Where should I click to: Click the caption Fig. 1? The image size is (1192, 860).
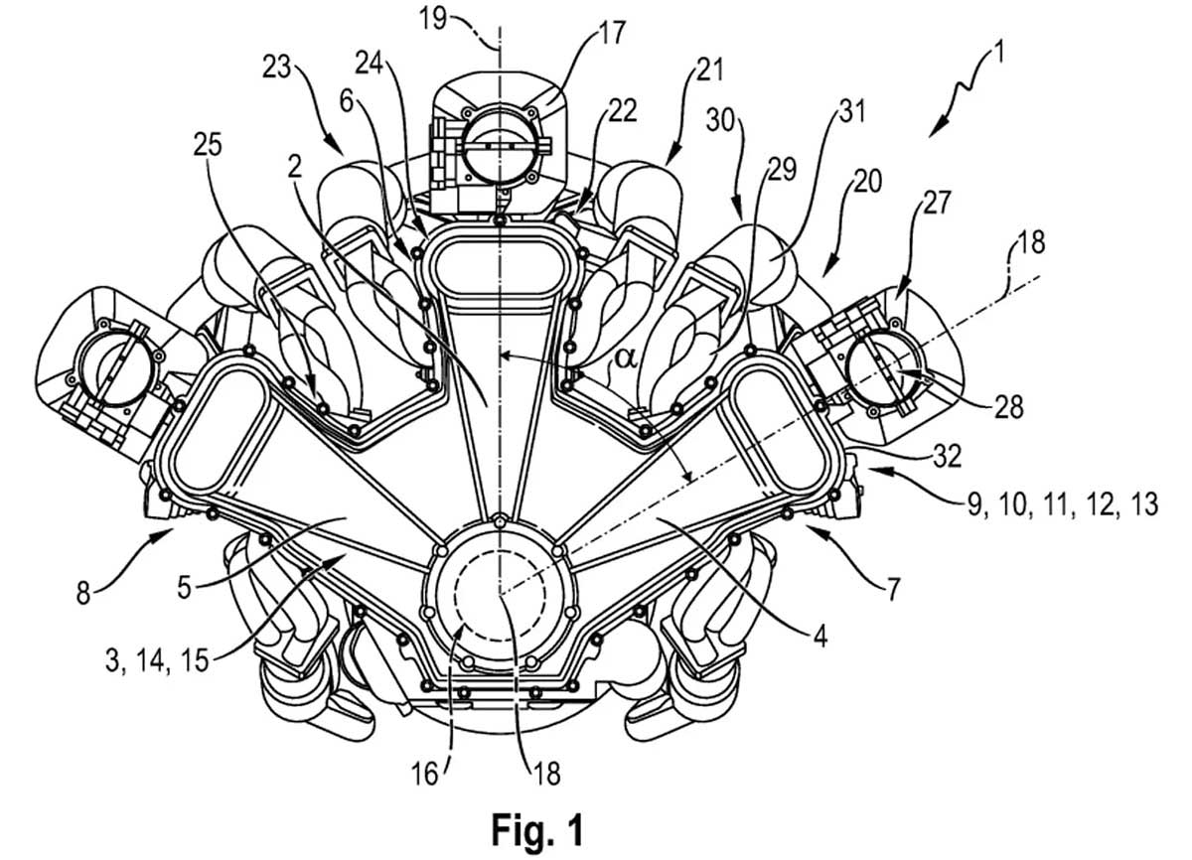537,828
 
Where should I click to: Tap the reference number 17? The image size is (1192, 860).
610,34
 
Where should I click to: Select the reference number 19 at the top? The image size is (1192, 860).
432,19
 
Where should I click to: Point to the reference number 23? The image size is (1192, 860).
277,69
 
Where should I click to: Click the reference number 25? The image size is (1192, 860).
208,144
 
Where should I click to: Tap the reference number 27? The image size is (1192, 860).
936,203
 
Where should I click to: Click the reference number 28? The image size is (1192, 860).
1007,407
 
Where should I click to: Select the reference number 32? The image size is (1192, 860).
947,455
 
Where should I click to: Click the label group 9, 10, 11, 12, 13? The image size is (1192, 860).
1063,502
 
